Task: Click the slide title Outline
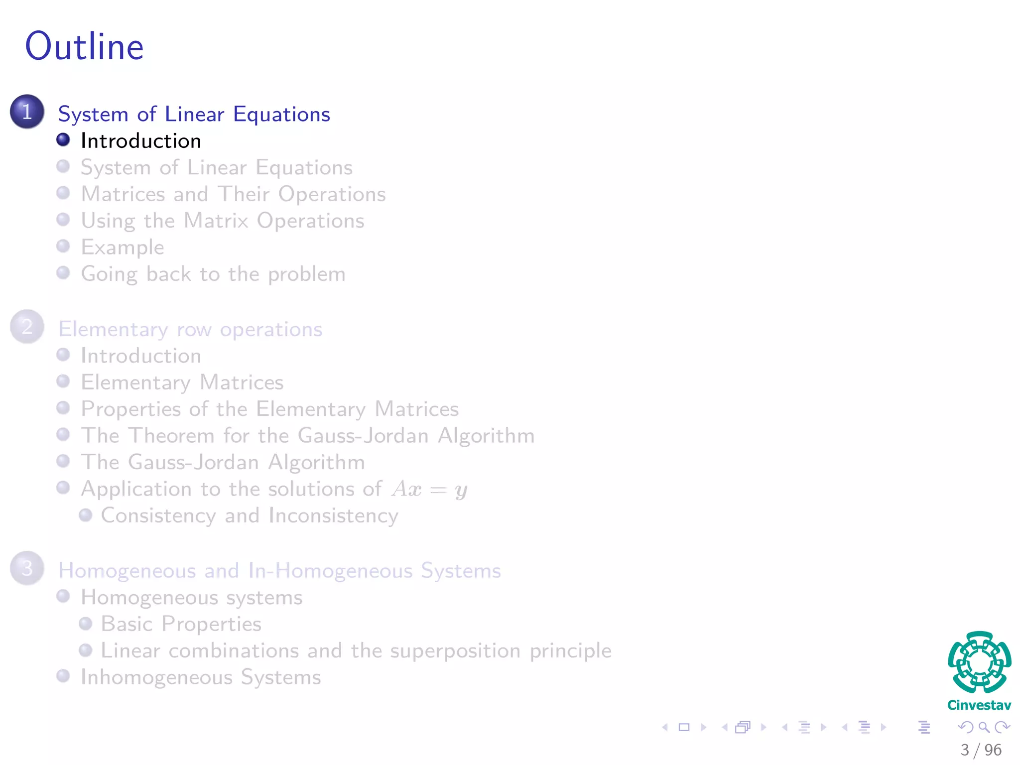click(x=85, y=46)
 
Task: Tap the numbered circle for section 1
click(x=27, y=112)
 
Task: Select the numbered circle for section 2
click(x=27, y=327)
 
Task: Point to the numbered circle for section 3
click(x=27, y=568)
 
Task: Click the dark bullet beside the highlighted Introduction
click(x=63, y=140)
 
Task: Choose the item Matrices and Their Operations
click(x=233, y=194)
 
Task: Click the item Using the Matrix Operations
click(x=223, y=221)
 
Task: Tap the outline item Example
click(x=123, y=248)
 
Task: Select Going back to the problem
click(x=213, y=274)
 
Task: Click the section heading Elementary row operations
click(x=190, y=330)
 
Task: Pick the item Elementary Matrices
click(x=182, y=382)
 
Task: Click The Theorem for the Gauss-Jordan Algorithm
click(x=308, y=436)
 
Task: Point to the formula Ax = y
click(x=429, y=490)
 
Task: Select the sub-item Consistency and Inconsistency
click(x=250, y=516)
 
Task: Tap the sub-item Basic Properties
click(x=181, y=624)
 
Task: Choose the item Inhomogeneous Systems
click(x=201, y=677)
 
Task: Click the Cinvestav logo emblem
click(x=979, y=662)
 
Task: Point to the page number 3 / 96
click(x=981, y=750)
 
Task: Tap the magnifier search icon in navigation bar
click(x=984, y=727)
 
